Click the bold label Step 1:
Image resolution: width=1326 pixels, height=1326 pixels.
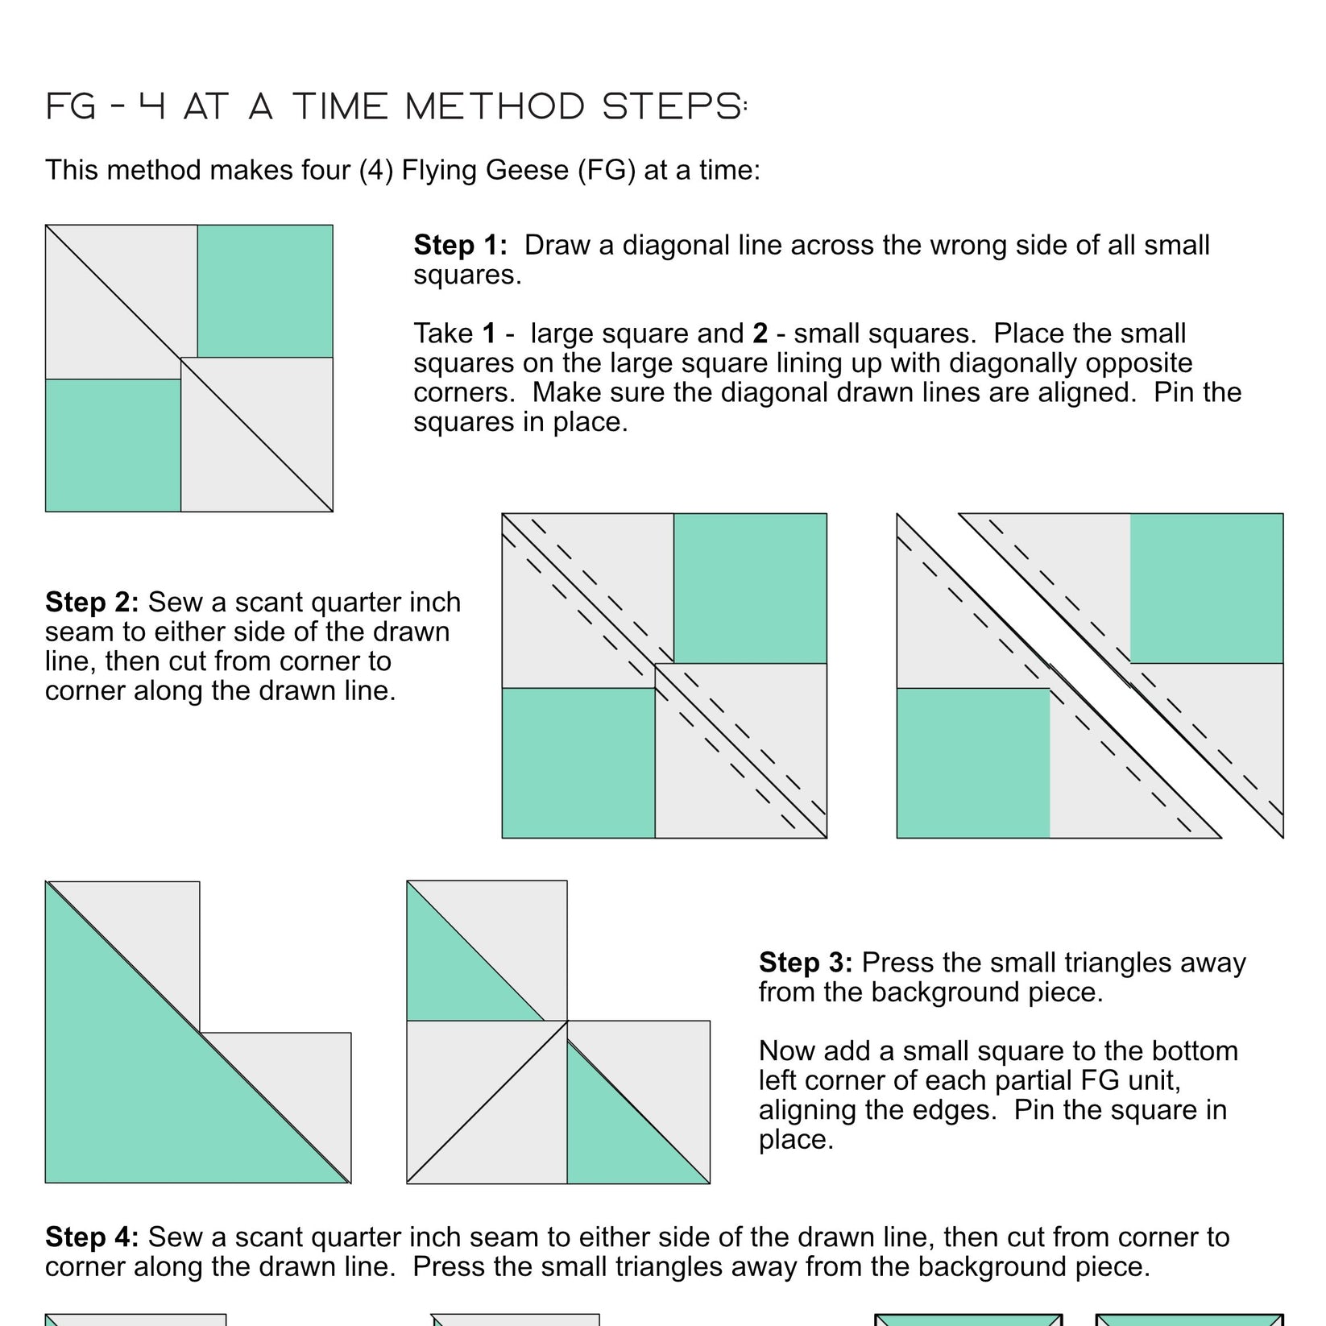tap(460, 246)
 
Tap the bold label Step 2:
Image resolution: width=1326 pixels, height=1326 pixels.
tap(92, 603)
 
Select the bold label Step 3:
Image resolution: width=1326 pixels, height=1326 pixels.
tap(805, 963)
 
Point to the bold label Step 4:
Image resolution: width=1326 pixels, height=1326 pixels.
tap(92, 1237)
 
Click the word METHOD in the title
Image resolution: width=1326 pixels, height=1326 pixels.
tap(495, 107)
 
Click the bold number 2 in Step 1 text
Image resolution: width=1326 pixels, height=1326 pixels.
tap(760, 334)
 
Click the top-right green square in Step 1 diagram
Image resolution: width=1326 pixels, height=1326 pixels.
tap(265, 291)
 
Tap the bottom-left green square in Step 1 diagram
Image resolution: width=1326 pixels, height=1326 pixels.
tap(113, 445)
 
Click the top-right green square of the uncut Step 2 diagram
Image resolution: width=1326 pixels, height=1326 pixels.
tap(750, 588)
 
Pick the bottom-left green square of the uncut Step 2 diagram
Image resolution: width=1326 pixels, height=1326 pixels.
tap(578, 763)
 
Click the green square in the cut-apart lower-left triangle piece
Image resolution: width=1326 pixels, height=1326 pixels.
tap(973, 763)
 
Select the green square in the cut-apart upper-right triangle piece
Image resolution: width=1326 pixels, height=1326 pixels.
tap(1206, 588)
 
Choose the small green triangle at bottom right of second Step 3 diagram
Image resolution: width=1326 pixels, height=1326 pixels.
tap(620, 1136)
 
